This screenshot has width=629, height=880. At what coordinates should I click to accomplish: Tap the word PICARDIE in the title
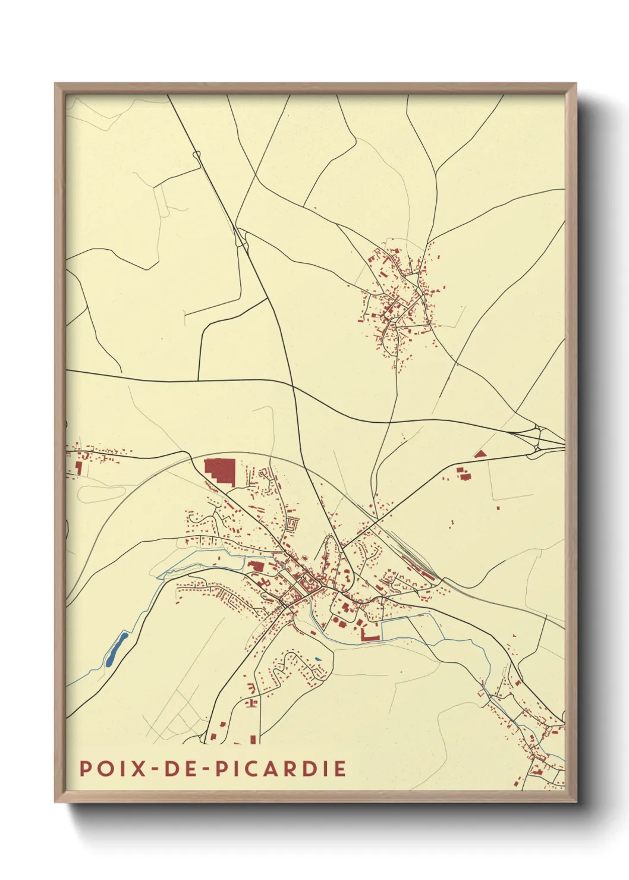(x=281, y=768)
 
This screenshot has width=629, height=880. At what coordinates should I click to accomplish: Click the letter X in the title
(x=139, y=768)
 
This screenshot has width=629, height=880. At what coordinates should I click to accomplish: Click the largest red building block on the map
(x=221, y=470)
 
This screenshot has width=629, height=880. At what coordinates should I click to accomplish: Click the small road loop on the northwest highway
(x=197, y=155)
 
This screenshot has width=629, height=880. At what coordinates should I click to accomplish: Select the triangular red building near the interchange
(x=480, y=454)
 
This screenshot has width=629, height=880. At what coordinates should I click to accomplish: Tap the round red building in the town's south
(x=335, y=620)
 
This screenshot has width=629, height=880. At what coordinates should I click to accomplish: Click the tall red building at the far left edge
(x=79, y=468)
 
